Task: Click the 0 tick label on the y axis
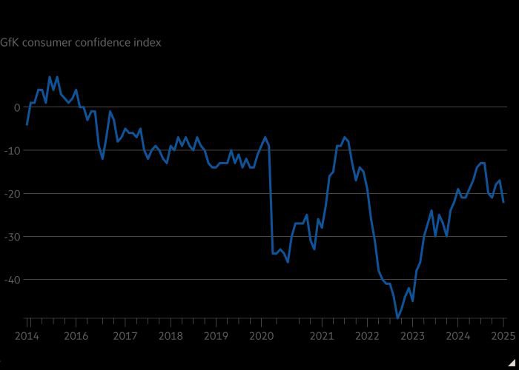(x=17, y=107)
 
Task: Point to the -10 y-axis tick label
(x=13, y=150)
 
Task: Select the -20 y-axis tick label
(x=13, y=193)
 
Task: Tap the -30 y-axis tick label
(x=13, y=237)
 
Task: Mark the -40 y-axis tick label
(x=13, y=280)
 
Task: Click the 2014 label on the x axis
(x=27, y=335)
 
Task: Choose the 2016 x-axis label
(x=76, y=335)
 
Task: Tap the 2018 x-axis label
(x=170, y=335)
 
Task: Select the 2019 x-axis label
(x=216, y=335)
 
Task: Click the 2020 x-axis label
(x=261, y=335)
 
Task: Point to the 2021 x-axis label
(x=322, y=335)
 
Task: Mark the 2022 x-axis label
(x=367, y=335)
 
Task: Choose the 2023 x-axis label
(x=412, y=335)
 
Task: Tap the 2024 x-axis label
(x=458, y=335)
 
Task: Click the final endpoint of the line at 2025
(x=503, y=202)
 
